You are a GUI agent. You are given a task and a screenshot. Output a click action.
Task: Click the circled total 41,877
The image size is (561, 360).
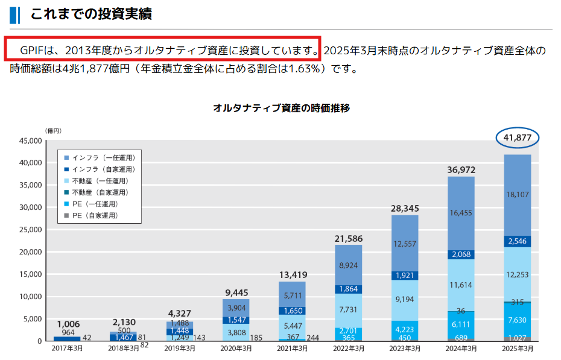click(517, 137)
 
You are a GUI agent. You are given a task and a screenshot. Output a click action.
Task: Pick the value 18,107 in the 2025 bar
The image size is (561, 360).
click(517, 195)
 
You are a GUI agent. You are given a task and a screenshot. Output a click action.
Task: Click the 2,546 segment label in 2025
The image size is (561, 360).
click(517, 241)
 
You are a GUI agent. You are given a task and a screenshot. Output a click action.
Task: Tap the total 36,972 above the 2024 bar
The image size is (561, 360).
click(461, 171)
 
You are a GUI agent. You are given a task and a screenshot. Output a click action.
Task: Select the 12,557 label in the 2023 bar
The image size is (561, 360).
click(405, 244)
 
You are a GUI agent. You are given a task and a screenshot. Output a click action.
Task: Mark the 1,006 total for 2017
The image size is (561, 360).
click(68, 324)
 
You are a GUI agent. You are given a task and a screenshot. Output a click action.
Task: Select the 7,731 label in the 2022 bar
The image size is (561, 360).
click(349, 309)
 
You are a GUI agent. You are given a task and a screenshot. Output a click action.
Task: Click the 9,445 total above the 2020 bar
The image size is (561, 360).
click(236, 293)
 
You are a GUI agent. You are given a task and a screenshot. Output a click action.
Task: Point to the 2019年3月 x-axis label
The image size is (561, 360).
click(180, 349)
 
